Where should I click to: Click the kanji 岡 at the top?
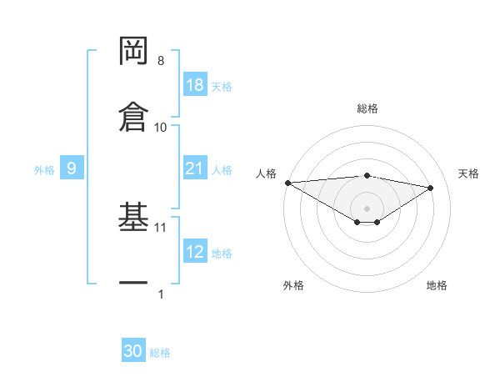[x=133, y=53]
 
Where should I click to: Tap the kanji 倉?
[x=133, y=117]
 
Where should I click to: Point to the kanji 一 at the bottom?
[x=133, y=284]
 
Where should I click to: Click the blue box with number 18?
[x=195, y=85]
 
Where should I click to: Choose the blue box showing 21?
[x=195, y=168]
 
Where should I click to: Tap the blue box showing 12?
[x=195, y=252]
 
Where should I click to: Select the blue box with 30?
[x=133, y=351]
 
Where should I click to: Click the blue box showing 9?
[x=72, y=168]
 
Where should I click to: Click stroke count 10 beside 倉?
[x=161, y=127]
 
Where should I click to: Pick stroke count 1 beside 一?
[x=161, y=294]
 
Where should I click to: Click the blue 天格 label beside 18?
[x=222, y=86]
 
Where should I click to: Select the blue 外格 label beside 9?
[x=44, y=169]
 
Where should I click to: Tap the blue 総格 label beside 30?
[x=160, y=352]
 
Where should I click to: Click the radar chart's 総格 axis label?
[x=367, y=108]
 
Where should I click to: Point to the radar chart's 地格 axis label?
[x=437, y=285]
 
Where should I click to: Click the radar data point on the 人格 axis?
[x=287, y=183]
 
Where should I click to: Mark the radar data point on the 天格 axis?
[x=431, y=188]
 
